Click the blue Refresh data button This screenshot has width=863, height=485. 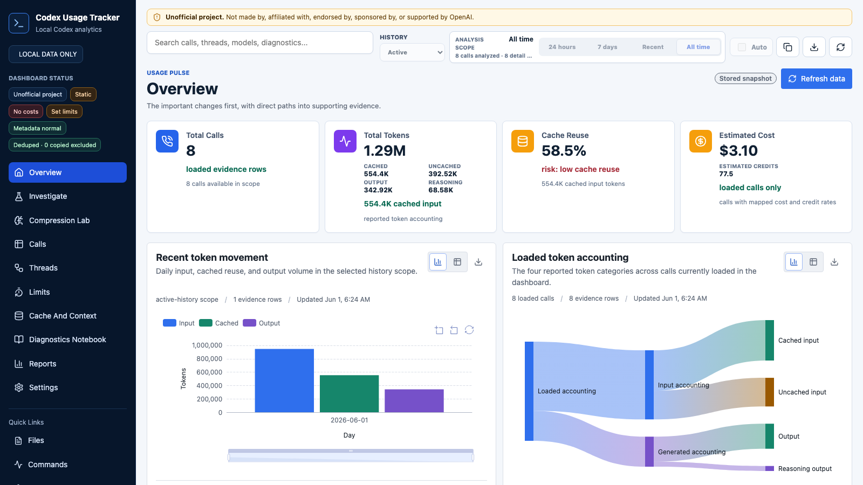click(x=817, y=79)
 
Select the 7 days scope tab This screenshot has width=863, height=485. click(x=607, y=47)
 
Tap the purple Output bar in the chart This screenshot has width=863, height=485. click(x=414, y=401)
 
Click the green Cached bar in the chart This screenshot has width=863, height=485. click(x=349, y=394)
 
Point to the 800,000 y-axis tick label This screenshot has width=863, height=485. click(x=207, y=359)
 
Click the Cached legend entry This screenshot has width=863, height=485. click(x=218, y=323)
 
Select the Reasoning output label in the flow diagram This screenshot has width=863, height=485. click(x=805, y=468)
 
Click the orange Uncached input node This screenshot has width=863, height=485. click(x=769, y=392)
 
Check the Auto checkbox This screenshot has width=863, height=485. click(x=742, y=47)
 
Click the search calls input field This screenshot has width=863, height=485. click(x=259, y=43)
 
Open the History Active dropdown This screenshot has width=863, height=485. click(x=412, y=52)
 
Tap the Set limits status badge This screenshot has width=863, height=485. click(x=64, y=112)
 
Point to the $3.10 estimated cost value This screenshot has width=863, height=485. click(x=738, y=150)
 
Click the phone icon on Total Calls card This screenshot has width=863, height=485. click(x=167, y=141)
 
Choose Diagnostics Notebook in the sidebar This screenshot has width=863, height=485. click(x=67, y=339)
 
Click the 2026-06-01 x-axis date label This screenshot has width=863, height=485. click(x=349, y=420)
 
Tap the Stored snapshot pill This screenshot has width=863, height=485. click(x=745, y=79)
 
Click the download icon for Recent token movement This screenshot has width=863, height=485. click(x=478, y=262)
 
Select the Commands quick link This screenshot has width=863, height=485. click(x=47, y=465)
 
